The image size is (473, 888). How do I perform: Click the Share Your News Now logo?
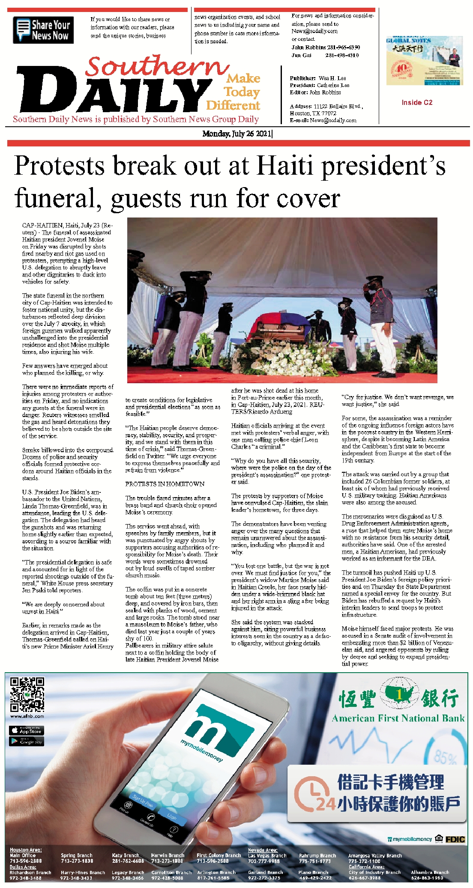tap(43, 30)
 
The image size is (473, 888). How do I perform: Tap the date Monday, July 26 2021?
tap(237, 134)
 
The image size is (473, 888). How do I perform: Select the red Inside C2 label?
tap(416, 102)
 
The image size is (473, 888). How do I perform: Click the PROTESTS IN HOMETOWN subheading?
tap(165, 484)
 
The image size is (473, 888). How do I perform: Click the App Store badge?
tap(26, 730)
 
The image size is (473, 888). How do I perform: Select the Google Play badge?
tap(26, 741)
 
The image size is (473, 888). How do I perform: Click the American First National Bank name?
tap(398, 718)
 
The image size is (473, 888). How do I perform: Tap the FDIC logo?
tap(455, 839)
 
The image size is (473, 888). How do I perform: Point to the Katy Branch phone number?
tap(128, 861)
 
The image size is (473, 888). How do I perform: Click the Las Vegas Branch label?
tap(267, 855)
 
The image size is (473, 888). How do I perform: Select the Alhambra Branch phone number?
tap(427, 878)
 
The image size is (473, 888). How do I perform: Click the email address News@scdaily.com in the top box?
tap(314, 31)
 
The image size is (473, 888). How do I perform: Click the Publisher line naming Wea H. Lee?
tap(317, 78)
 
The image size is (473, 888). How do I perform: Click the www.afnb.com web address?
tap(27, 716)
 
